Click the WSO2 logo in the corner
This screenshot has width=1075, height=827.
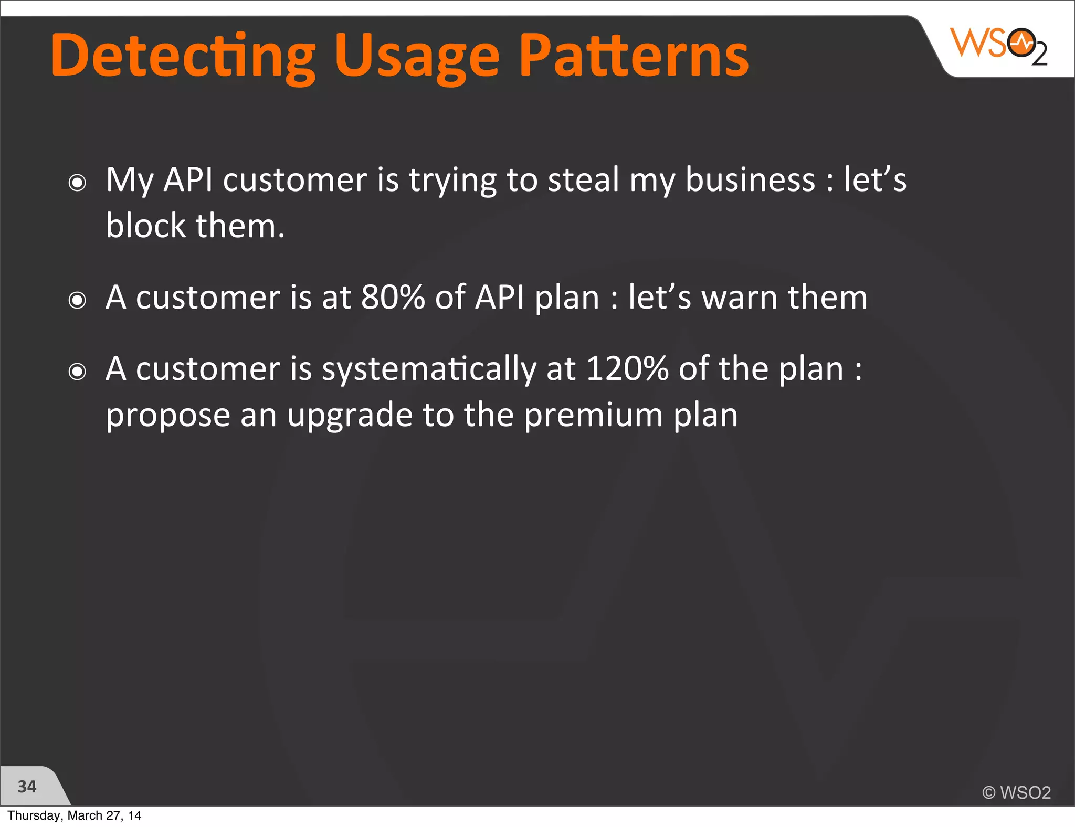point(999,46)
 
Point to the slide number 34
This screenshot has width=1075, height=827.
point(27,786)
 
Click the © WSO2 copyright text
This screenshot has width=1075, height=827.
point(1016,792)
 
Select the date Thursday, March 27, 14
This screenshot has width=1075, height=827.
point(74,815)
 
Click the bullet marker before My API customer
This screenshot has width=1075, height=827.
point(77,183)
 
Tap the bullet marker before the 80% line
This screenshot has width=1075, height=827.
point(77,300)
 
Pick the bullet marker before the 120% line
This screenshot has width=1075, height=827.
point(77,372)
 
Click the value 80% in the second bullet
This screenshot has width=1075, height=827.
point(393,297)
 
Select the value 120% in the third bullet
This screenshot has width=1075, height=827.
point(627,368)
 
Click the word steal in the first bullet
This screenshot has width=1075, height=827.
point(583,179)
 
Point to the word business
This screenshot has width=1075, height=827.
point(750,179)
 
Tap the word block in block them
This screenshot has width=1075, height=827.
point(146,226)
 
